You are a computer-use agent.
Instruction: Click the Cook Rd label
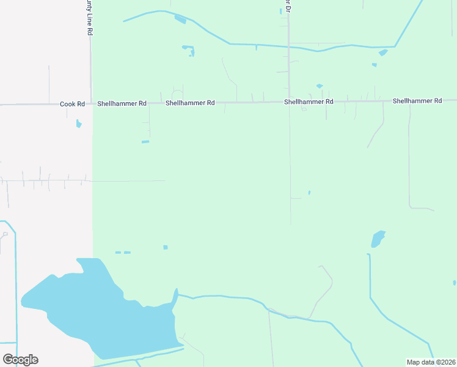[x=72, y=104]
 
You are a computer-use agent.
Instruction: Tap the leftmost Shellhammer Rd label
[x=122, y=103]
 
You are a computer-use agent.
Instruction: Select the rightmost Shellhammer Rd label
[x=417, y=100]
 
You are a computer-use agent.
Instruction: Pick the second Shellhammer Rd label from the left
[x=189, y=103]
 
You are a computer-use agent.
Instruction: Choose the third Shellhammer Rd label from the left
[x=308, y=102]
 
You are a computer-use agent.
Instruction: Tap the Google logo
[x=20, y=359]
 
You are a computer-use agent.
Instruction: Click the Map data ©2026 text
[x=431, y=362]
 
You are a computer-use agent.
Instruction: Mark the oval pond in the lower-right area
[x=378, y=239]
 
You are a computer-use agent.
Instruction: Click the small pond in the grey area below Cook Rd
[x=78, y=124]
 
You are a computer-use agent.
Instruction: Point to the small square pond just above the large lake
[x=165, y=247]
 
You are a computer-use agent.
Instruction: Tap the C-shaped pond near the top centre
[x=189, y=50]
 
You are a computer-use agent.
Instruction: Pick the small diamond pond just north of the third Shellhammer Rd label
[x=319, y=86]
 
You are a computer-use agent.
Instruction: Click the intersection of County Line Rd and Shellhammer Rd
[x=92, y=103]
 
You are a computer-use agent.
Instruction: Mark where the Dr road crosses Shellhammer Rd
[x=289, y=102]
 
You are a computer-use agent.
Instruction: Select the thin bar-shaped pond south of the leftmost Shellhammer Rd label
[x=145, y=142]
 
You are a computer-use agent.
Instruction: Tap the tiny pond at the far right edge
[x=455, y=283]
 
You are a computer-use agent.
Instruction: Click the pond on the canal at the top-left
[x=180, y=20]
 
